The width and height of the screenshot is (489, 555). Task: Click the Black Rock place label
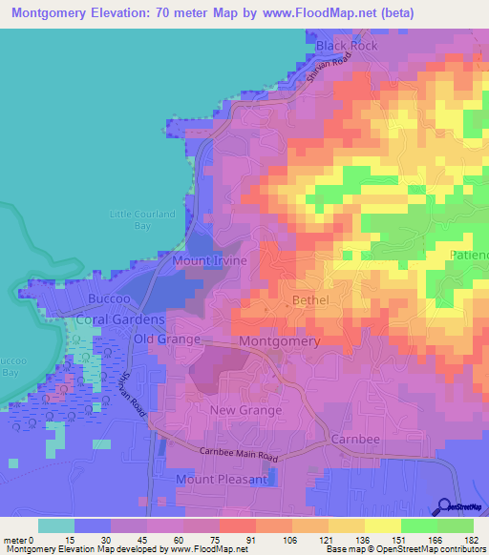point(347,46)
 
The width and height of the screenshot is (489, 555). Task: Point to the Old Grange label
point(167,339)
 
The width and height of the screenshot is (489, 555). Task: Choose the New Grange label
point(245,410)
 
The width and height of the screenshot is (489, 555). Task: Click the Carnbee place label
point(356,439)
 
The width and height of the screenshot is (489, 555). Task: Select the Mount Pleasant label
point(222,479)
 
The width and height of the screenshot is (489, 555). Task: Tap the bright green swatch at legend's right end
point(455,526)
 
